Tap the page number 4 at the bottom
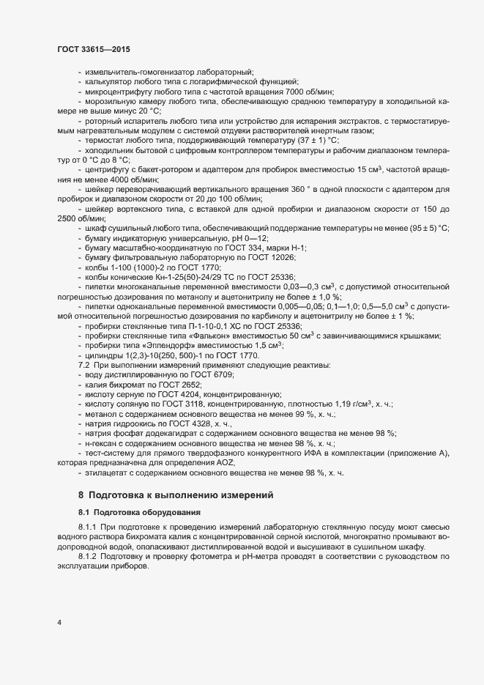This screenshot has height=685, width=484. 59,623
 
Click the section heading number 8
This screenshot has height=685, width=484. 81,496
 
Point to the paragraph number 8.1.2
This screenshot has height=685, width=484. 89,558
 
